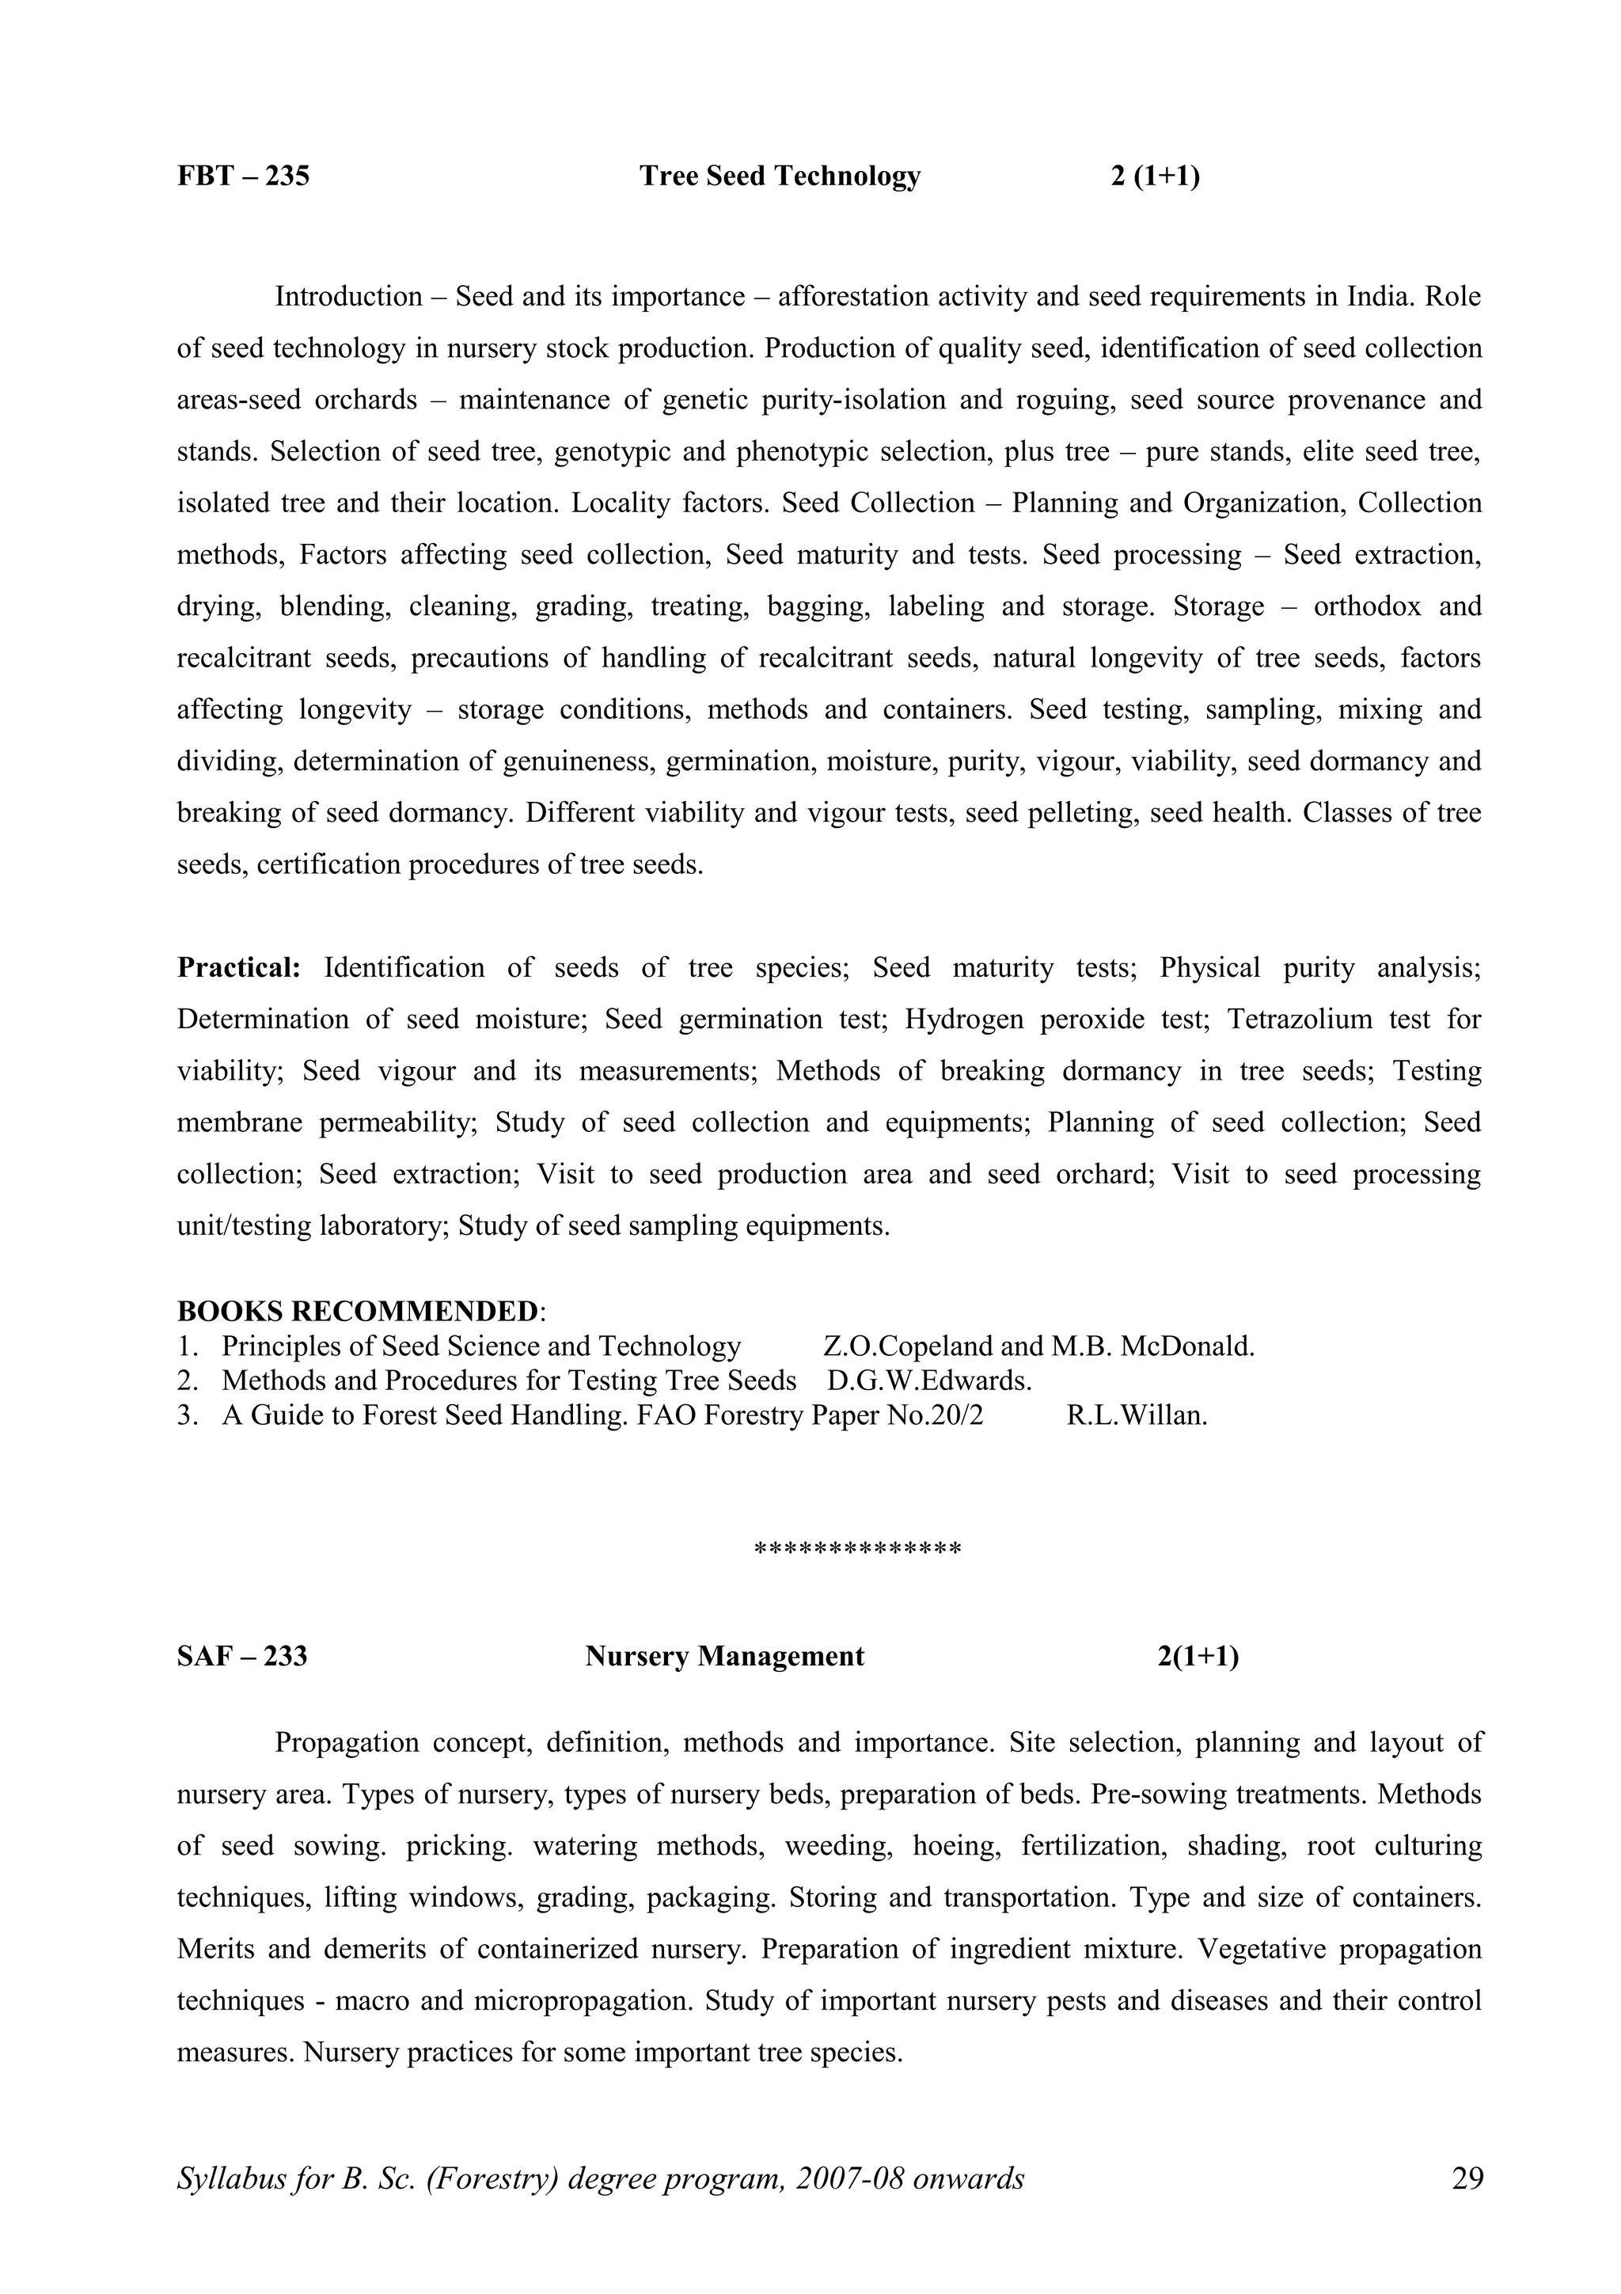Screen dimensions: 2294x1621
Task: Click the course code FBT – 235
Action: pyautogui.click(x=244, y=176)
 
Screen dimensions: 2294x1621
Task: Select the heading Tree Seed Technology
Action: pyautogui.click(x=779, y=176)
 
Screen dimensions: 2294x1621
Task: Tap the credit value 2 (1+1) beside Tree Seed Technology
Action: pyautogui.click(x=1155, y=176)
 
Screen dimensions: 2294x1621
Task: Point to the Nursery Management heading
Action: pyautogui.click(x=724, y=1657)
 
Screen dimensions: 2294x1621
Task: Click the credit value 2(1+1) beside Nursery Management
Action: pyautogui.click(x=1198, y=1657)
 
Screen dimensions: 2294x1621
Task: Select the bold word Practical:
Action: pyautogui.click(x=239, y=968)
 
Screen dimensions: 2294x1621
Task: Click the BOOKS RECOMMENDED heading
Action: pyautogui.click(x=358, y=1311)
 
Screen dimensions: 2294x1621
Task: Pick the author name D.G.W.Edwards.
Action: pyautogui.click(x=929, y=1381)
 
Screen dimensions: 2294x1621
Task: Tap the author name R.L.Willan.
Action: pyautogui.click(x=1137, y=1416)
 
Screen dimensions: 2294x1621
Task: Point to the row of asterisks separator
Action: pyautogui.click(x=857, y=1550)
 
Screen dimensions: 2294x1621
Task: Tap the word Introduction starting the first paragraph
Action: pyautogui.click(x=348, y=297)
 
